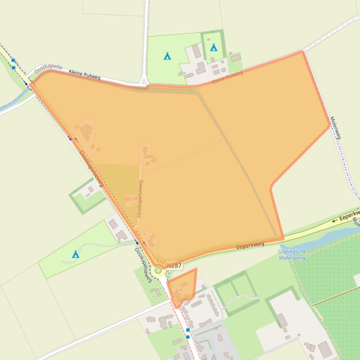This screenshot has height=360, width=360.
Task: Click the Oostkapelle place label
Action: coord(48,69)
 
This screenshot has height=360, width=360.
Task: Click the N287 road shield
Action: coord(174,266)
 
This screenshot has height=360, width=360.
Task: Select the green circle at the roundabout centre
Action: coord(158,270)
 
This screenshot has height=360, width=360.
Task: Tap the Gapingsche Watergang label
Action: coord(292,254)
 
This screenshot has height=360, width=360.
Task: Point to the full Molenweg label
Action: coord(336,128)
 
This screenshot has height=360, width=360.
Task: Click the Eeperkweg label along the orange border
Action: coord(250,245)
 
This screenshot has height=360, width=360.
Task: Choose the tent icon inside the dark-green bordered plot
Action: coord(214,47)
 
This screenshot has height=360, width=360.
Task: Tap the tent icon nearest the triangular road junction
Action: coord(167,56)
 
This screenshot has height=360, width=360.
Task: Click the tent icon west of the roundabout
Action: coord(75,254)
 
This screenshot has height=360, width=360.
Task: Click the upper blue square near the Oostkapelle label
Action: coord(13,60)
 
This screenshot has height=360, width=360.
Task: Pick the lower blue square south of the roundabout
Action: coord(188,336)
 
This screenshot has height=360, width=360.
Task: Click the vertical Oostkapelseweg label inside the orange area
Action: coord(139,198)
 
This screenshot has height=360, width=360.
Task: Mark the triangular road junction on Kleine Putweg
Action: coord(144,82)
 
